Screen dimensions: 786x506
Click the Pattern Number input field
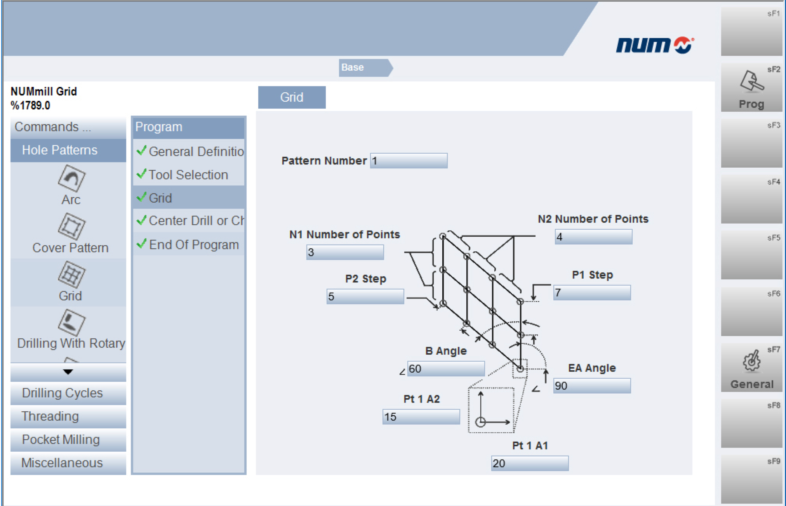pos(409,161)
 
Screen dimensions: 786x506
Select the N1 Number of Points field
pos(345,252)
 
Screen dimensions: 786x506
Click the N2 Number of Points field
pos(593,237)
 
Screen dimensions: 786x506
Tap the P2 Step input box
pos(365,296)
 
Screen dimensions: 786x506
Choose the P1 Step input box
pos(592,293)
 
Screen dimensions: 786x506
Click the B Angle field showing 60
pos(446,369)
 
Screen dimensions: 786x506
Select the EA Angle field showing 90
pos(592,386)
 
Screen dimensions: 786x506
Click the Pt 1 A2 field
pos(421,417)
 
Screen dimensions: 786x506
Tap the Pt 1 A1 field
pos(530,463)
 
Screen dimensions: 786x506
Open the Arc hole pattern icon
pos(71,178)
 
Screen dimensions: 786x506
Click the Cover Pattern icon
pos(71,226)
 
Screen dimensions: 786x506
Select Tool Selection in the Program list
pos(189,175)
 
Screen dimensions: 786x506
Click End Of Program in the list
pos(189,244)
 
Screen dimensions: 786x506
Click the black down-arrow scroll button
pos(68,372)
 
